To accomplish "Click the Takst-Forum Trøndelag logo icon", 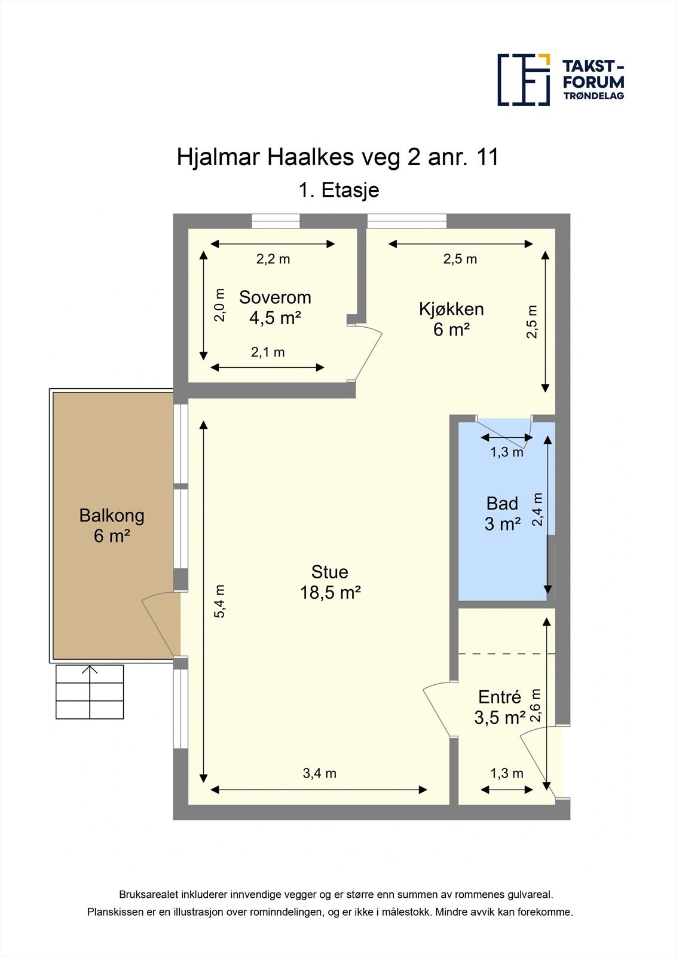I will [x=524, y=80].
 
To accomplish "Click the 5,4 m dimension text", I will [x=219, y=601].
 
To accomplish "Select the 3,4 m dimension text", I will [x=320, y=773].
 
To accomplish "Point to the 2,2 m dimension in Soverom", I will [x=273, y=259].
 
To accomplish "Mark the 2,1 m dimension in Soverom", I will [x=268, y=352].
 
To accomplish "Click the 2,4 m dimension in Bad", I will [x=537, y=509].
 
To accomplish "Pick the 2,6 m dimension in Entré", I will [x=535, y=705].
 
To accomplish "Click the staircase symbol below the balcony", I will [x=90, y=691].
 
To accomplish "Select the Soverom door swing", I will [x=367, y=352].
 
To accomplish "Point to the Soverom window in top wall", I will [x=276, y=221].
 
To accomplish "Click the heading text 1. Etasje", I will [x=338, y=190].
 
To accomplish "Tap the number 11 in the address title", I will [x=487, y=157].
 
